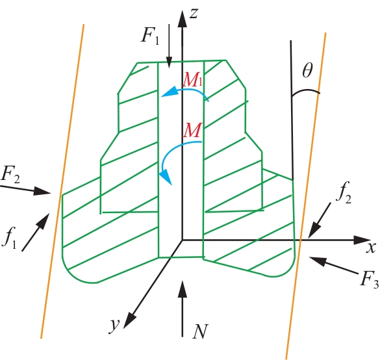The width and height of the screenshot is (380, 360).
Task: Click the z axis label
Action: [x=194, y=14]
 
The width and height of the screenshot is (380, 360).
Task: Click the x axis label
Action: [x=371, y=248]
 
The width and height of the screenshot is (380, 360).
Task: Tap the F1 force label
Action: [x=150, y=37]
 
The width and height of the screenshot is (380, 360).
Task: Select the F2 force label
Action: [x=10, y=175]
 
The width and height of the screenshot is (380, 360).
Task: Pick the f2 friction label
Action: [x=344, y=192]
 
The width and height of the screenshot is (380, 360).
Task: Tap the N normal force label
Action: [x=200, y=331]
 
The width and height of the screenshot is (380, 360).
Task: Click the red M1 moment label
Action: [x=192, y=80]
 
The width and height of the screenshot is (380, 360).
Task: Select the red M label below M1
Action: [x=192, y=130]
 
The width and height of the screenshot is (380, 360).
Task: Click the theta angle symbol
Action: [x=307, y=70]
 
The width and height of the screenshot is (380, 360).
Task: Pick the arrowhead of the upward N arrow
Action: [x=183, y=289]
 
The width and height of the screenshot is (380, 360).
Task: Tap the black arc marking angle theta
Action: [x=305, y=92]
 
